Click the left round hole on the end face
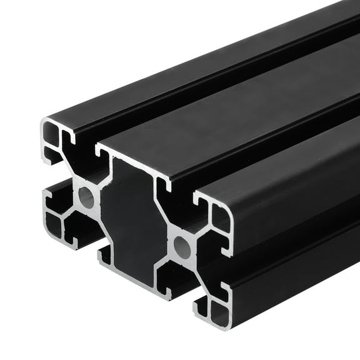coord(87,199)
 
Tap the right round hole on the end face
coord(182,247)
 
